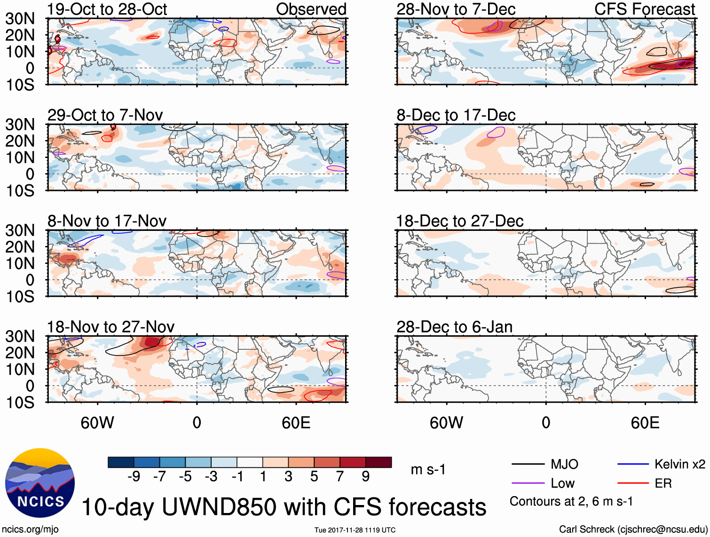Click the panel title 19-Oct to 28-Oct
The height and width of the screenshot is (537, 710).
[x=107, y=9]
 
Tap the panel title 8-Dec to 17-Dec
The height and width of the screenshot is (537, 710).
[x=456, y=115]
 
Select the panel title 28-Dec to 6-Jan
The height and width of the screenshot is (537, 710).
[x=454, y=327]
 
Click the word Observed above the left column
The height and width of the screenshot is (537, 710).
[x=311, y=9]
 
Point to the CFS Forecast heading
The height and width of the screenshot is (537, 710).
[x=644, y=9]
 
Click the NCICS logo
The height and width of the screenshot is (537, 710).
[x=39, y=483]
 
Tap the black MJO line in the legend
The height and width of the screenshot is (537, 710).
[x=528, y=465]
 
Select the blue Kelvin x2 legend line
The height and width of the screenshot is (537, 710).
[x=633, y=465]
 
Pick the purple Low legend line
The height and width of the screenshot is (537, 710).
[x=528, y=483]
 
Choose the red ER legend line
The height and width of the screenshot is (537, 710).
[x=633, y=483]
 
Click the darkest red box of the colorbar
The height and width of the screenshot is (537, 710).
[x=379, y=462]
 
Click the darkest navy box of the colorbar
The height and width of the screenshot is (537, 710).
[x=120, y=462]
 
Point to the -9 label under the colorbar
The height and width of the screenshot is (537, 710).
[x=134, y=477]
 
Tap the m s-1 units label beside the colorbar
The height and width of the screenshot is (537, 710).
[x=428, y=469]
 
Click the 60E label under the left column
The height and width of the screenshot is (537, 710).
[x=296, y=423]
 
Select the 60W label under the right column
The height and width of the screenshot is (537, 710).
[x=446, y=423]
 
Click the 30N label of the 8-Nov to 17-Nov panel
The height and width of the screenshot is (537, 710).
[x=20, y=230]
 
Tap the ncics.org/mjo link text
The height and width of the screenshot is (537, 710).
[x=30, y=529]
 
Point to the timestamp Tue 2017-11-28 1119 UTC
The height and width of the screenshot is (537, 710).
[x=355, y=530]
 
